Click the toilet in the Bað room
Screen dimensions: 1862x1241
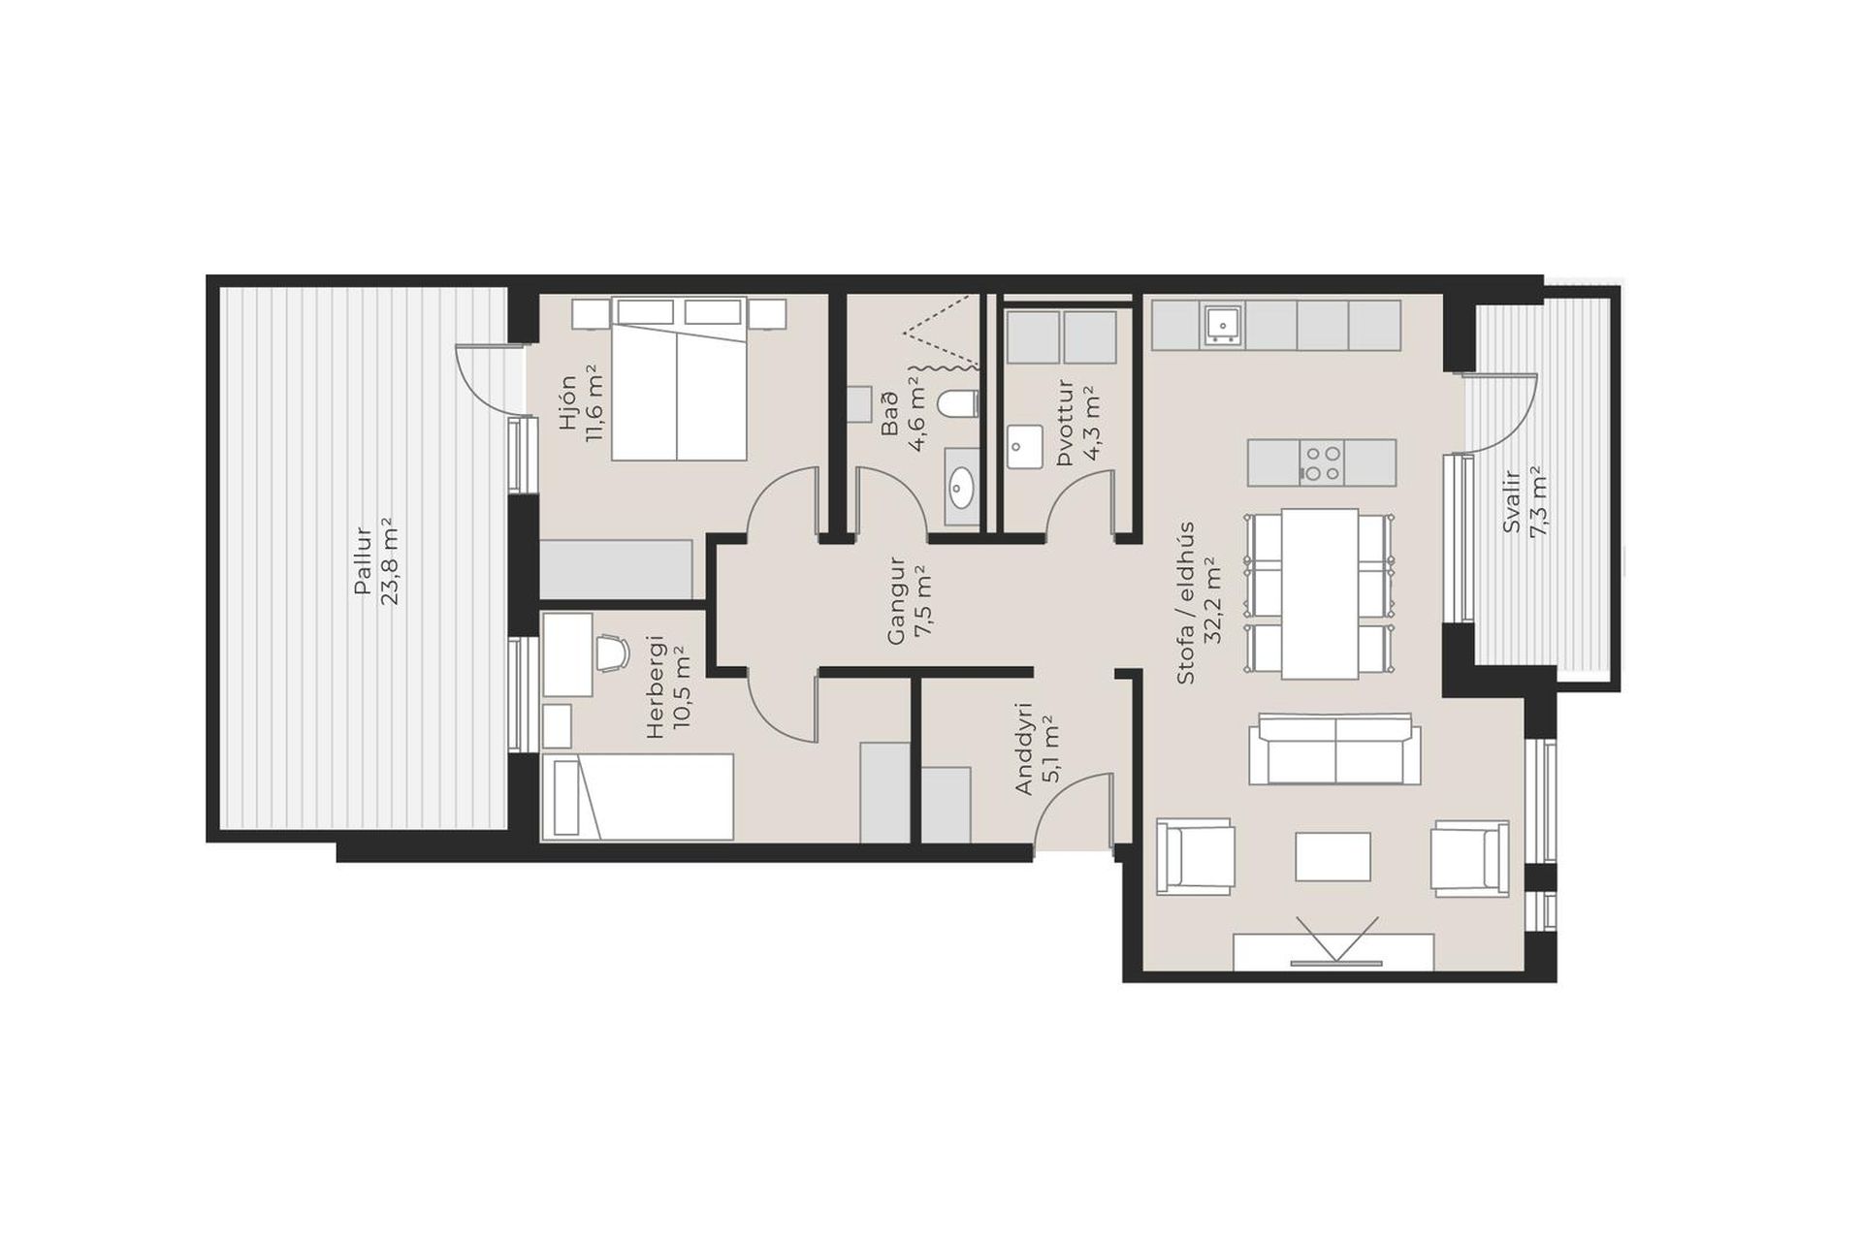(959, 403)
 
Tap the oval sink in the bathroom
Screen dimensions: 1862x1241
(962, 488)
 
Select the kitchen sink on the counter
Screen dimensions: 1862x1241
(1222, 324)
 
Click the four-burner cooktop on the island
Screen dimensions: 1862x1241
(1322, 462)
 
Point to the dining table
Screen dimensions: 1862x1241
(1319, 593)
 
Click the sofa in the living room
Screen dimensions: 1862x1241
(1335, 749)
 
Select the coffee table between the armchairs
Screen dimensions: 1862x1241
(1332, 857)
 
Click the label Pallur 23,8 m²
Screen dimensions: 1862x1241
(377, 565)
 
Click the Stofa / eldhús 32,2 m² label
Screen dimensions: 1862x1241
(1199, 603)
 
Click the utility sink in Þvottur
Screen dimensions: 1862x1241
(1024, 447)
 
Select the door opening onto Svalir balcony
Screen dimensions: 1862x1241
(1500, 412)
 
